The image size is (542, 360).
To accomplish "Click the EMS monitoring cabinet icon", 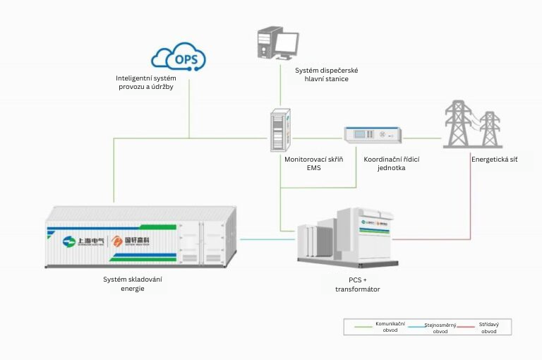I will point(280,130).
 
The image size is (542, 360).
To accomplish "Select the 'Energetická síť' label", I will point(494,160).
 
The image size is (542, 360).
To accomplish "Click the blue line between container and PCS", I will point(269,239).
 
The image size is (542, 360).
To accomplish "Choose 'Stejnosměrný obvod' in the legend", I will point(438,328).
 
